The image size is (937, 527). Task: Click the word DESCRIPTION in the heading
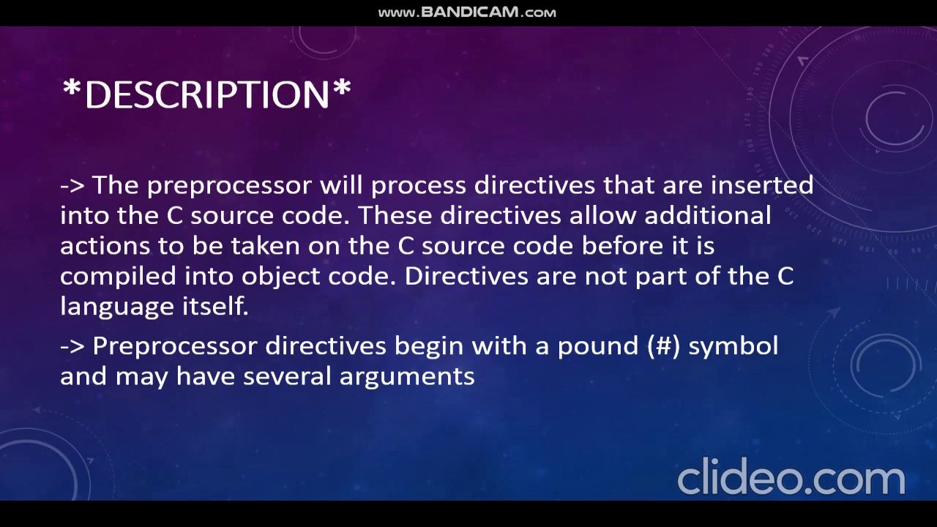[207, 94]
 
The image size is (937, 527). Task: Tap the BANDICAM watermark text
[467, 12]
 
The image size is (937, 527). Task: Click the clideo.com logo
[791, 477]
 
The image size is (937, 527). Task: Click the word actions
[96, 245]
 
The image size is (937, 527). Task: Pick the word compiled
[118, 276]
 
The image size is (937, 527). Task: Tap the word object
[274, 276]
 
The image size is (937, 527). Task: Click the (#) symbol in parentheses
[663, 345]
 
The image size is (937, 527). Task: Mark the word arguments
[407, 377]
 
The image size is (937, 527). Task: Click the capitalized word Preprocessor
[175, 345]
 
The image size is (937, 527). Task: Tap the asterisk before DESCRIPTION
[71, 89]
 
